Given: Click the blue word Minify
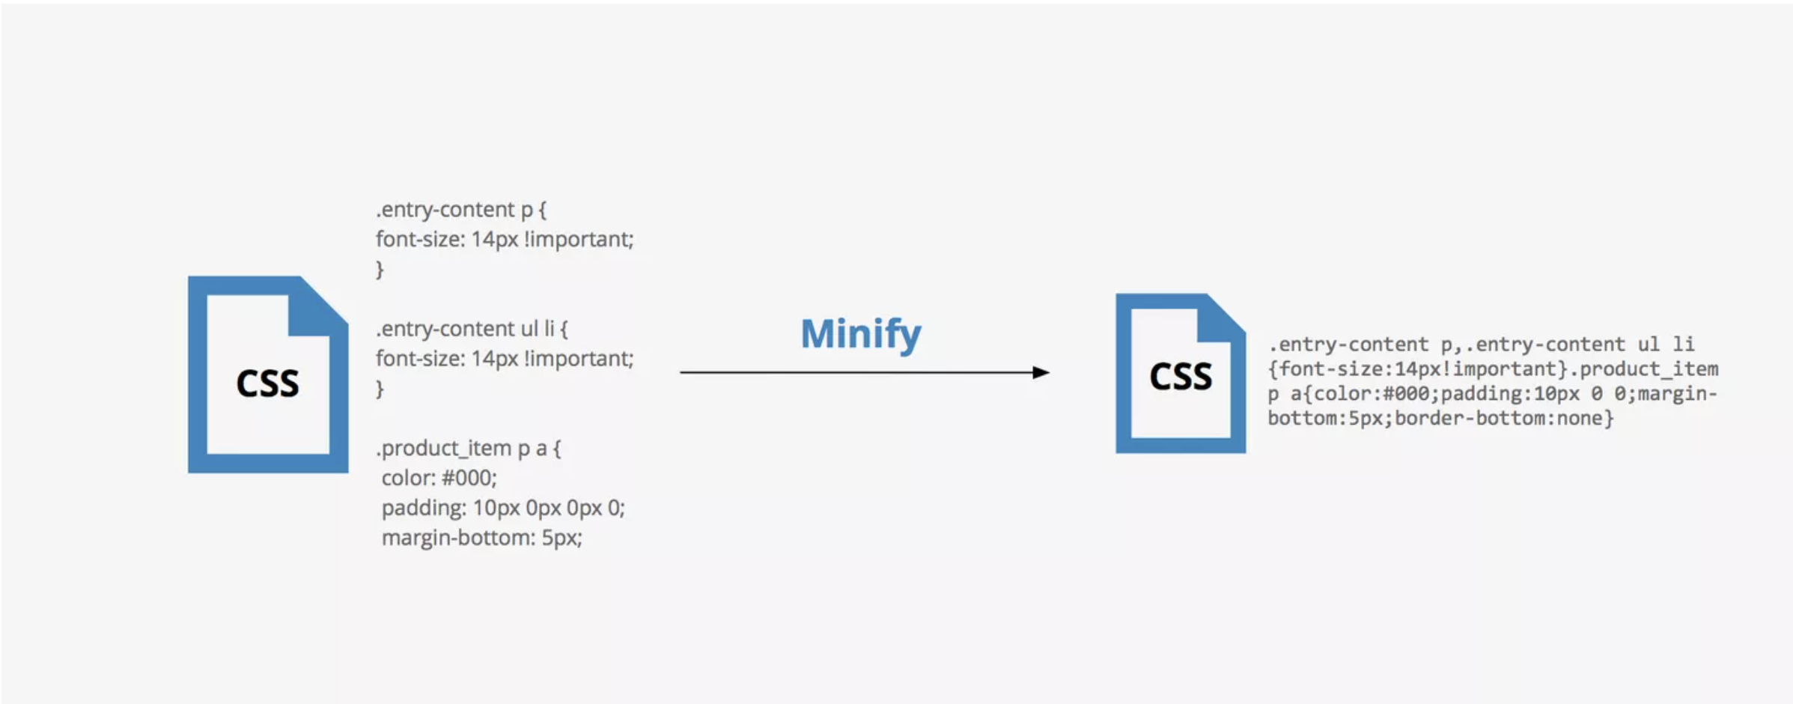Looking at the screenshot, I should (861, 334).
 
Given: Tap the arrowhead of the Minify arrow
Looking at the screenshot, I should (1041, 372).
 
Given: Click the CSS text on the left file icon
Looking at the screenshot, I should (267, 383).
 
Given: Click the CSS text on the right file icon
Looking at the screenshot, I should (1181, 376).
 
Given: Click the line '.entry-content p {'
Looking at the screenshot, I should (461, 210).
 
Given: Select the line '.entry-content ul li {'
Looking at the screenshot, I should (472, 329).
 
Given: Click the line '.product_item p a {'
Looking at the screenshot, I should (469, 449).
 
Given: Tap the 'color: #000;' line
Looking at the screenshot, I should (439, 478).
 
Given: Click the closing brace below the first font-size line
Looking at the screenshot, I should (380, 269).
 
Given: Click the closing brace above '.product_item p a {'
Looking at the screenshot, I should (380, 389).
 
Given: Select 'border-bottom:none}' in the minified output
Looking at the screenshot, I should (1504, 418).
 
